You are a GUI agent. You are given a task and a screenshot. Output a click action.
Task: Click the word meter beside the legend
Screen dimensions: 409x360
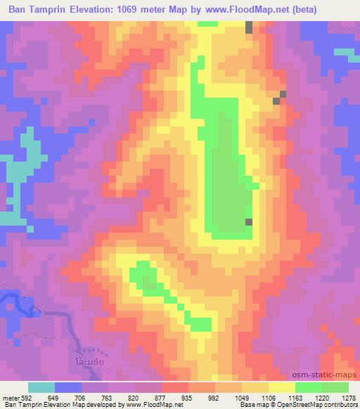pyautogui.click(x=11, y=397)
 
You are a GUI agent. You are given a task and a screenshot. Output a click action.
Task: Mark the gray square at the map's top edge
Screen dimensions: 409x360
pyautogui.click(x=249, y=27)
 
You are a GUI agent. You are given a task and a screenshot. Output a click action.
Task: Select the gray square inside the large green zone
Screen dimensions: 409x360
pyautogui.click(x=249, y=222)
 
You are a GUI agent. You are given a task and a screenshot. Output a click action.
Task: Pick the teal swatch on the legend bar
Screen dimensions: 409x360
pyautogui.click(x=41, y=387)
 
